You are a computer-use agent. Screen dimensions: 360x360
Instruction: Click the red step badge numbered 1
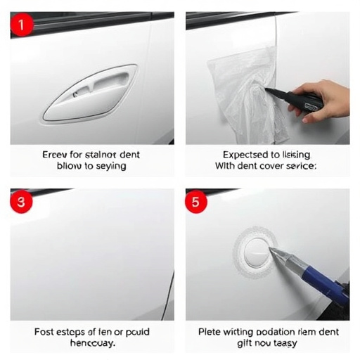point(21,26)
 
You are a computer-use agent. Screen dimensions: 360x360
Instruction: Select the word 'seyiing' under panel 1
point(110,166)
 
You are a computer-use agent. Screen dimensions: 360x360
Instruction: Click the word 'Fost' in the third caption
point(46,331)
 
